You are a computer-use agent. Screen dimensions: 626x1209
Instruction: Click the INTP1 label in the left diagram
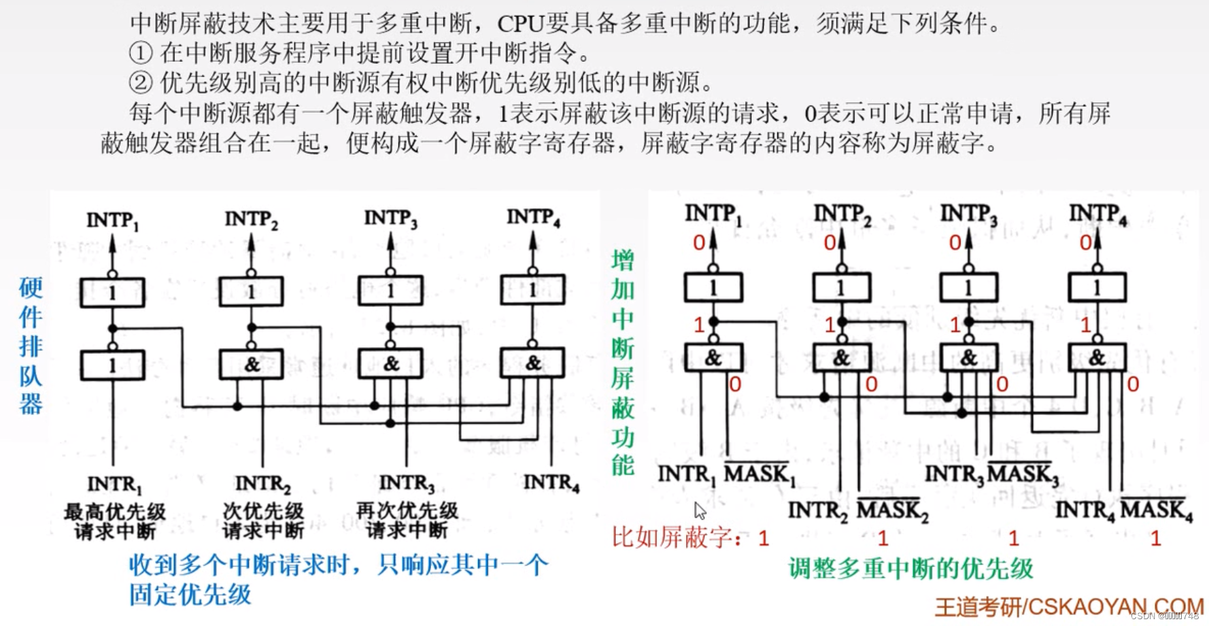point(112,220)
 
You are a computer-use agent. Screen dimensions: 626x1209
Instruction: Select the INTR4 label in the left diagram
point(551,482)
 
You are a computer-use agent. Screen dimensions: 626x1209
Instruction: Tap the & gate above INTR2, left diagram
point(251,365)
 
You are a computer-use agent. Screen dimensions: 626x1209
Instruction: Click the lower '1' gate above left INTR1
point(112,365)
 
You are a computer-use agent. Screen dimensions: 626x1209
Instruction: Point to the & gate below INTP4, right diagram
point(1097,357)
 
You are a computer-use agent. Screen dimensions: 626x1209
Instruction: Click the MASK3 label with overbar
point(1023,474)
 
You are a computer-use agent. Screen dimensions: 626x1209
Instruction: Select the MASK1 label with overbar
point(759,473)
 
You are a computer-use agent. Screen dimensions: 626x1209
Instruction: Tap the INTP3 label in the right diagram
point(968,214)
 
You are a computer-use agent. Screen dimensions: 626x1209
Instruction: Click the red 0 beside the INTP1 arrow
point(699,242)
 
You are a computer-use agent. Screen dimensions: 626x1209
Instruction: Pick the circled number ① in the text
point(140,52)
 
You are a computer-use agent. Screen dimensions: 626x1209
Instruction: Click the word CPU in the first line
point(521,24)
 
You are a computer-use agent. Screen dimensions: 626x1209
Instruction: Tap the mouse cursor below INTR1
point(700,510)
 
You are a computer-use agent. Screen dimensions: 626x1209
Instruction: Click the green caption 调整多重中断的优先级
point(910,568)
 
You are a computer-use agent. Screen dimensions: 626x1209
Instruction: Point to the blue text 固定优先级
point(190,594)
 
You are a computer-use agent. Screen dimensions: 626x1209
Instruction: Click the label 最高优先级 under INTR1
point(115,511)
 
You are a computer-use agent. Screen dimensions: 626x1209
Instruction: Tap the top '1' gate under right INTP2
point(841,287)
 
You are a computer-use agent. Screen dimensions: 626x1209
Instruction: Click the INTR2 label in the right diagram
point(817,510)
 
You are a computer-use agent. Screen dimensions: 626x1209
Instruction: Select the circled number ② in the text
point(140,82)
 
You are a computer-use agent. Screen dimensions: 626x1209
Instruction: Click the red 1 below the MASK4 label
point(1155,539)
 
